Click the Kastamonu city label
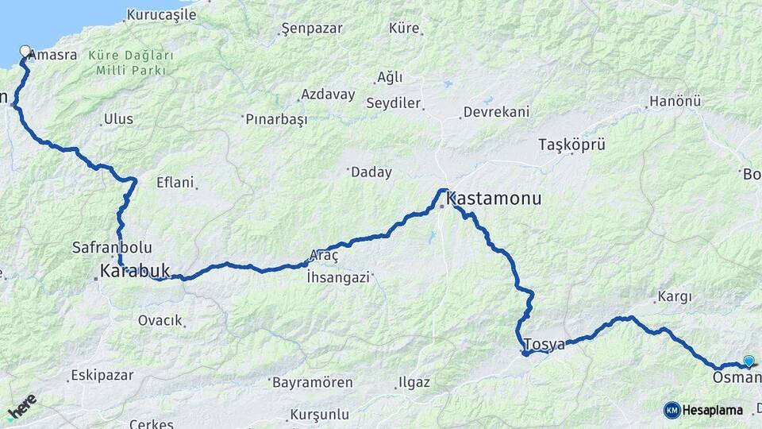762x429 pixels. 494,198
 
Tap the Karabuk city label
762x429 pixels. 135,271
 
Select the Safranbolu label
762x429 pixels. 112,247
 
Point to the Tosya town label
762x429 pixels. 545,345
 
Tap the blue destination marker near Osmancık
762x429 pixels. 749,361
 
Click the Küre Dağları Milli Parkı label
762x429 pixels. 131,63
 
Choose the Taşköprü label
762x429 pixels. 571,145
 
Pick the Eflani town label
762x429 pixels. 175,182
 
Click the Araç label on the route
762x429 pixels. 324,255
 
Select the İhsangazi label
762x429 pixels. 338,277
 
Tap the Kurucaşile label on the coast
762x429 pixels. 161,14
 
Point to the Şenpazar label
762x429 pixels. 312,29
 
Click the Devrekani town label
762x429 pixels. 496,112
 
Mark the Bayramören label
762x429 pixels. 312,382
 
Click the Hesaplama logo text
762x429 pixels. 712,410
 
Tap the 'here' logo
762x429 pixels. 22,407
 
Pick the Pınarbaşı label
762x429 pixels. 276,119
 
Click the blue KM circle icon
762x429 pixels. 672,410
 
